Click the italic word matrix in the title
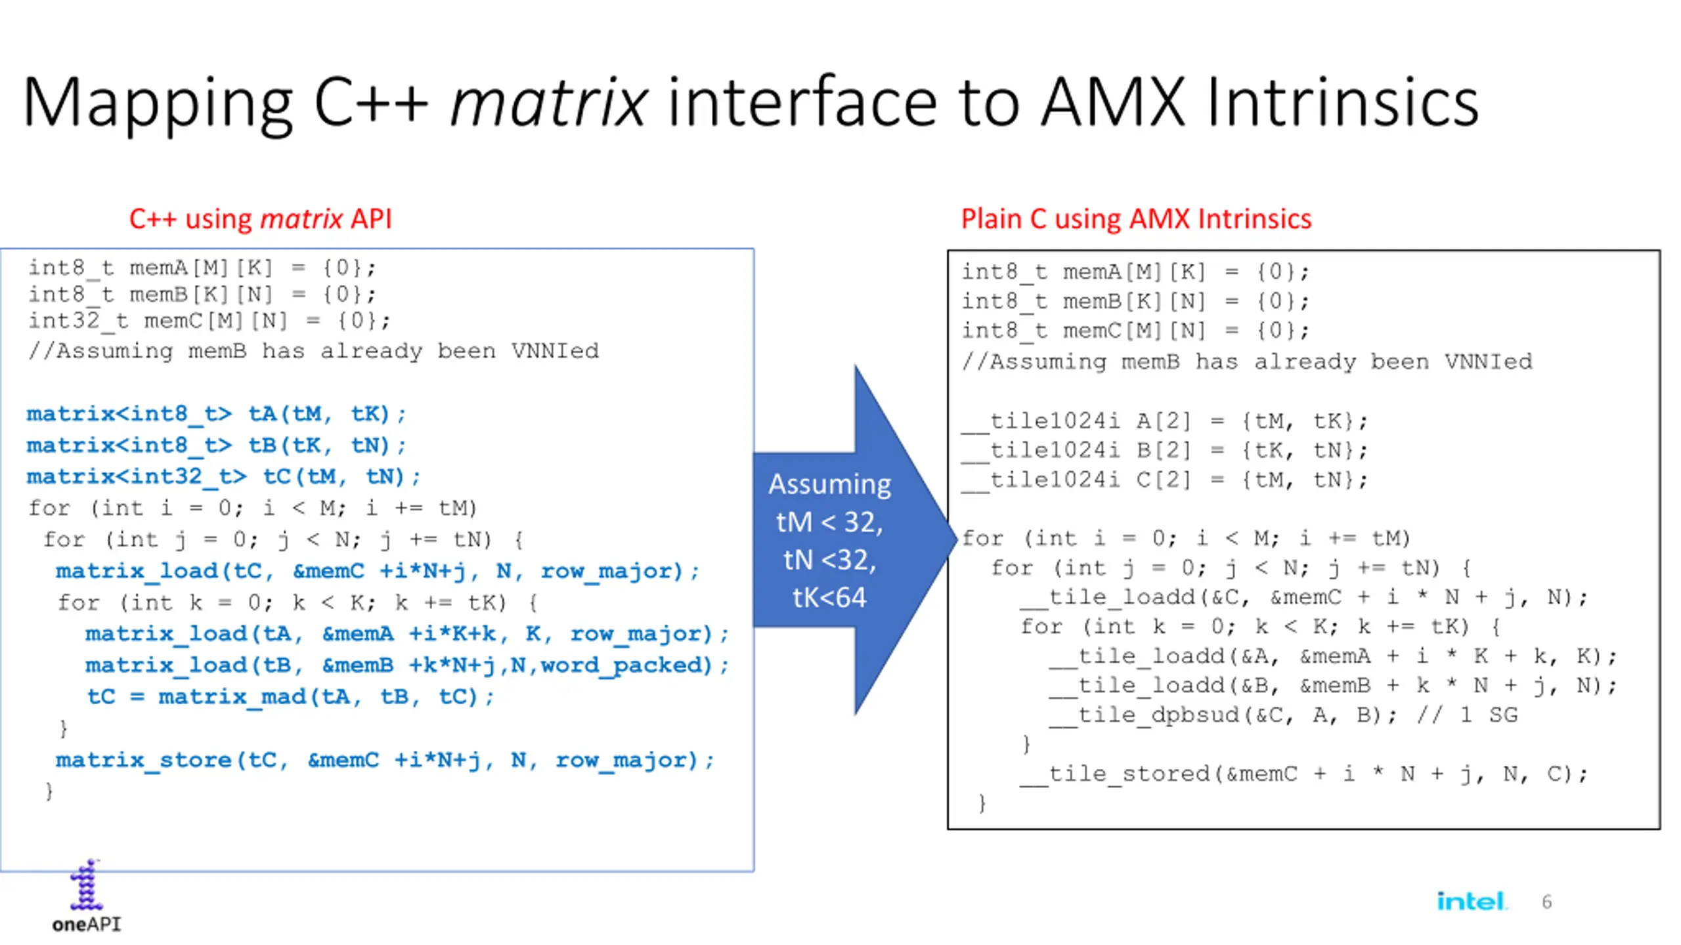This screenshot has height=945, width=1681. pyautogui.click(x=549, y=104)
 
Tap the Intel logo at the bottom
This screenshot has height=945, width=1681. pyautogui.click(x=1470, y=901)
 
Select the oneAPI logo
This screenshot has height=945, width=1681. pyautogui.click(x=86, y=896)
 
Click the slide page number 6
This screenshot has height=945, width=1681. pyautogui.click(x=1546, y=902)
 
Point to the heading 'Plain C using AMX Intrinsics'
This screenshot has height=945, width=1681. pyautogui.click(x=1136, y=219)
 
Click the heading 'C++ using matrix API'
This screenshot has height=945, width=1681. pyautogui.click(x=260, y=219)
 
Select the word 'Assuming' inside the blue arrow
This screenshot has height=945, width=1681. pyautogui.click(x=829, y=484)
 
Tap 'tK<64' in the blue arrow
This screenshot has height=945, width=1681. pyautogui.click(x=829, y=597)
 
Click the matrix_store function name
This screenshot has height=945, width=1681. pyautogui.click(x=143, y=760)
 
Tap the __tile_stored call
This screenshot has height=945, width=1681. pyautogui.click(x=1115, y=774)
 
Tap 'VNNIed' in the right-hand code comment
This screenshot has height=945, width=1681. pyautogui.click(x=1487, y=362)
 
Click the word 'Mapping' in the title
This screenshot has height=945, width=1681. pyautogui.click(x=158, y=104)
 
